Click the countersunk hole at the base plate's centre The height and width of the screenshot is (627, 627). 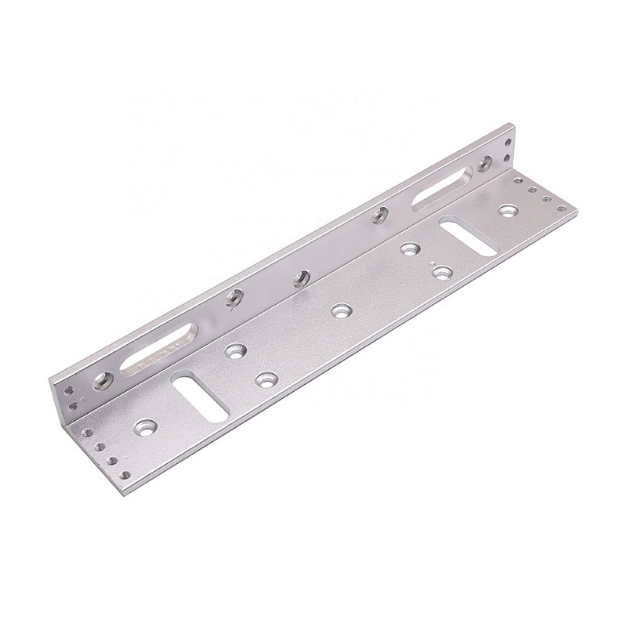[x=339, y=311]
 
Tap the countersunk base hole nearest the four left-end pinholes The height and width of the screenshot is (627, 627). [x=145, y=427]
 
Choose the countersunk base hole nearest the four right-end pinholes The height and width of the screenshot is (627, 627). [x=509, y=210]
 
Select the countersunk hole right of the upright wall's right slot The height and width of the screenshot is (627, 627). [x=485, y=163]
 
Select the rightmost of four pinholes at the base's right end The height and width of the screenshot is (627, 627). [x=561, y=208]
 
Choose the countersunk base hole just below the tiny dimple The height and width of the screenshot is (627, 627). [x=443, y=273]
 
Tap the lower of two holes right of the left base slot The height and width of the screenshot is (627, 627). [x=266, y=379]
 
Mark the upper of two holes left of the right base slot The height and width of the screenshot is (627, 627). [x=408, y=249]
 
